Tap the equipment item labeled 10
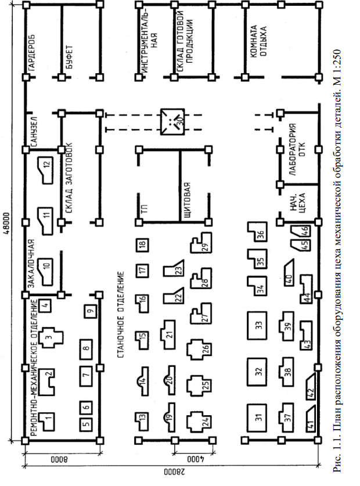pyautogui.click(x=45, y=267)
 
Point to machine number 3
pyautogui.click(x=51, y=336)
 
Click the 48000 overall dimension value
pyautogui.click(x=6, y=221)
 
